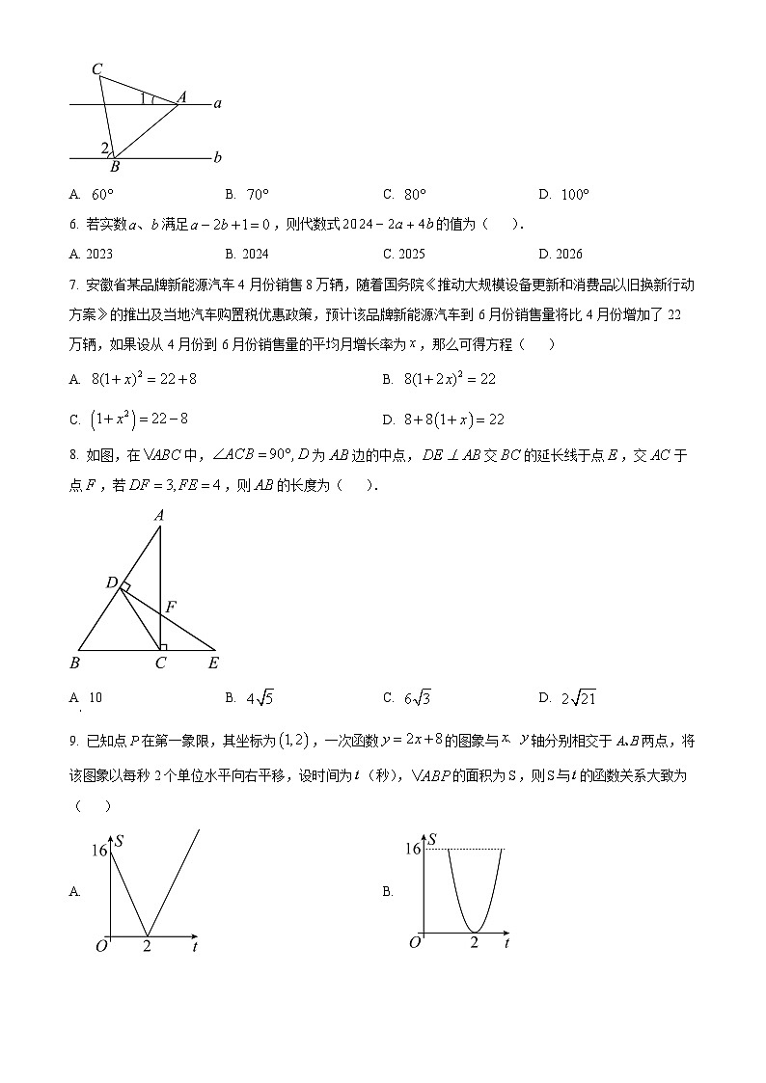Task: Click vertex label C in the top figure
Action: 96,68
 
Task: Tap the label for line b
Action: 217,157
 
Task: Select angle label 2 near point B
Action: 104,148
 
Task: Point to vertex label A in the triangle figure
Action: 159,516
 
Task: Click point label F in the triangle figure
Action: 171,607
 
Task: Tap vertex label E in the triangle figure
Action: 213,663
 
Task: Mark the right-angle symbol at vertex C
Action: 164,647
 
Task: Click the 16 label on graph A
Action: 98,850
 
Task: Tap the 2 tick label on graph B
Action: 474,942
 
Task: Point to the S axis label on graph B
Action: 434,840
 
